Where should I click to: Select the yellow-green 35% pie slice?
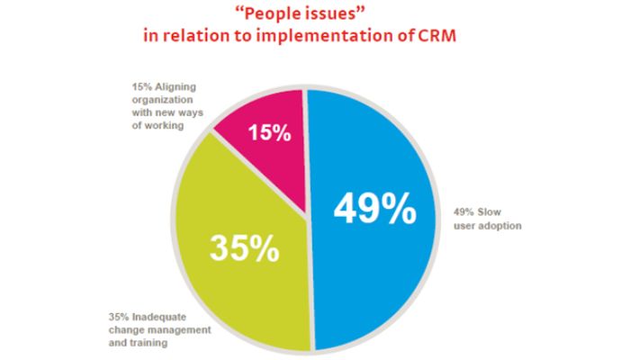click(x=225, y=288)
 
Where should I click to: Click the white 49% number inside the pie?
click(x=375, y=209)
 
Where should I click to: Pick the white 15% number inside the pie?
click(x=269, y=135)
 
